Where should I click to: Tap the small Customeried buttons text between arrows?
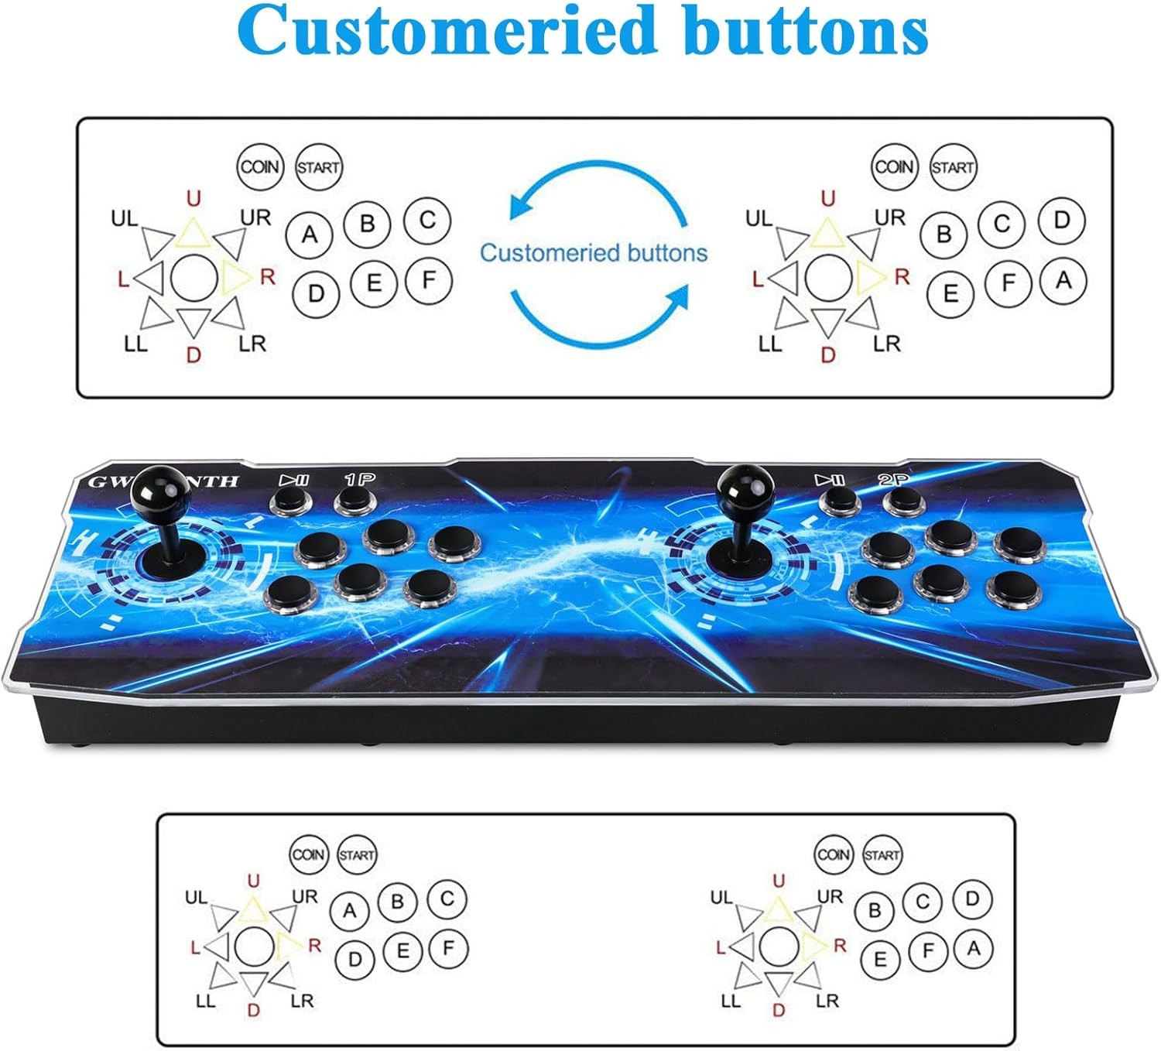tap(594, 253)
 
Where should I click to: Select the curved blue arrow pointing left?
tap(597, 190)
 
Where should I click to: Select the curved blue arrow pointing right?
tap(597, 316)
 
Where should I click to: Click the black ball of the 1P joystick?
tap(160, 489)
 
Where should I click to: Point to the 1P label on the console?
tap(360, 480)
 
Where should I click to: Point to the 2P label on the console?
tap(894, 480)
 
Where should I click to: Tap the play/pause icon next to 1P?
tap(294, 481)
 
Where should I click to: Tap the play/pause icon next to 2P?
tap(830, 481)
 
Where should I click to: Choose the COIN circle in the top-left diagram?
tap(260, 167)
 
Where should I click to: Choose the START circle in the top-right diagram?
tap(953, 167)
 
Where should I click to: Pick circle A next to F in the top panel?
tap(1063, 281)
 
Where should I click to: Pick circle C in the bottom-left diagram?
tap(447, 900)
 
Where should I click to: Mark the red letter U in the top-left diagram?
tap(193, 199)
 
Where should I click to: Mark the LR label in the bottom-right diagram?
tap(827, 1001)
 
